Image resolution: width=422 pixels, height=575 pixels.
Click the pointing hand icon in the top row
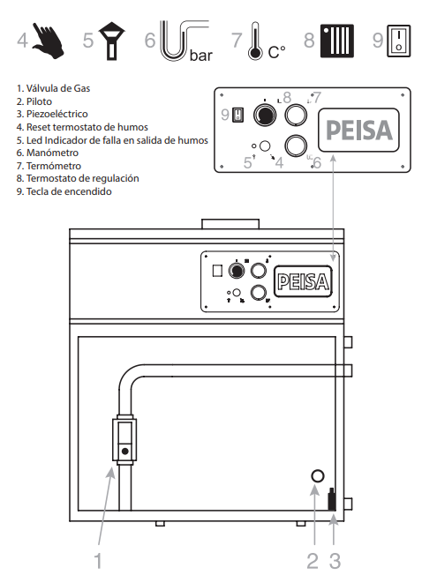(x=48, y=41)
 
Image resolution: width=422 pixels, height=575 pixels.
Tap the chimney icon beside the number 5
(x=111, y=41)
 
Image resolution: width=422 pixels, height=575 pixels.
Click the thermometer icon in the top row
(x=255, y=41)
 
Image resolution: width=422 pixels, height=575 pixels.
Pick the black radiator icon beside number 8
(x=337, y=41)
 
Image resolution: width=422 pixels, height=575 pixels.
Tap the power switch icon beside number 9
(x=399, y=41)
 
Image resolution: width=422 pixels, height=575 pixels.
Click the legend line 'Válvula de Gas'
(x=53, y=88)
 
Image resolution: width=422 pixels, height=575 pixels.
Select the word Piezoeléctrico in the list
(x=57, y=114)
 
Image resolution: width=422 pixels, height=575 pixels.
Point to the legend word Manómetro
(x=52, y=153)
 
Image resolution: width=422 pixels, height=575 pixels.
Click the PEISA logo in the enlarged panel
(x=358, y=131)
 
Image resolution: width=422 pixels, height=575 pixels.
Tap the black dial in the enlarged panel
(x=265, y=115)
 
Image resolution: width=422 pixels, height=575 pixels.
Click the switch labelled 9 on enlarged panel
(x=238, y=115)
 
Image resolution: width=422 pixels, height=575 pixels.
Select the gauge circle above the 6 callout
(x=296, y=146)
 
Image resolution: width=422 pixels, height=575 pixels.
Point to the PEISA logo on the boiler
(x=303, y=281)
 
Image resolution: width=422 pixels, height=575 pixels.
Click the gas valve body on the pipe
(x=124, y=440)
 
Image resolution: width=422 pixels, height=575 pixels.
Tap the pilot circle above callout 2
(x=318, y=476)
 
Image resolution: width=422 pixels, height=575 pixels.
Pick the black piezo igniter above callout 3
(x=331, y=499)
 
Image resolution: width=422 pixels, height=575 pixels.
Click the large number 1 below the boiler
(x=98, y=561)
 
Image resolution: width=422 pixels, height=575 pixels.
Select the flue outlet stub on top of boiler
(x=230, y=224)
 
